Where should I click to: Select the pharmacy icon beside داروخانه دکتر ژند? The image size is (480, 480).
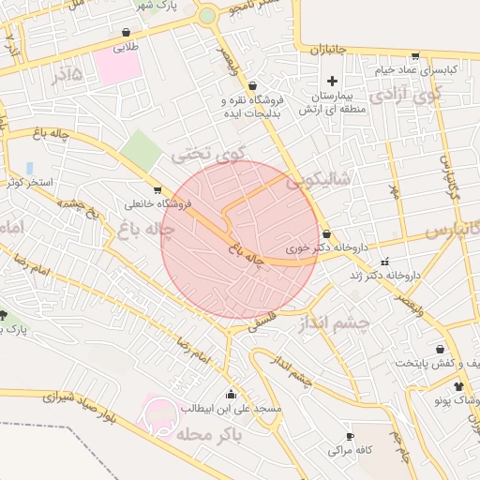point(382,262)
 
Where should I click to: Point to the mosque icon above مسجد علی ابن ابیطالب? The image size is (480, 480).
point(231,394)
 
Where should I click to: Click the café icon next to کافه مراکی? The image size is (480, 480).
point(351,437)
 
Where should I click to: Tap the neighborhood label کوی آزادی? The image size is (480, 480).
point(404,95)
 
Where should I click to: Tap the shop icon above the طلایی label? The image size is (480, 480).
point(125,30)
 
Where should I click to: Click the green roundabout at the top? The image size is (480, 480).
point(207,16)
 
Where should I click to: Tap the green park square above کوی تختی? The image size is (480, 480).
point(141,150)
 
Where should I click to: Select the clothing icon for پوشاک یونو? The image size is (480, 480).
point(458,386)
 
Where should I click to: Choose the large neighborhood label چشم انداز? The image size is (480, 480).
point(334,323)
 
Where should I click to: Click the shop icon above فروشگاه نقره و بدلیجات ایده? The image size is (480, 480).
point(252,85)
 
